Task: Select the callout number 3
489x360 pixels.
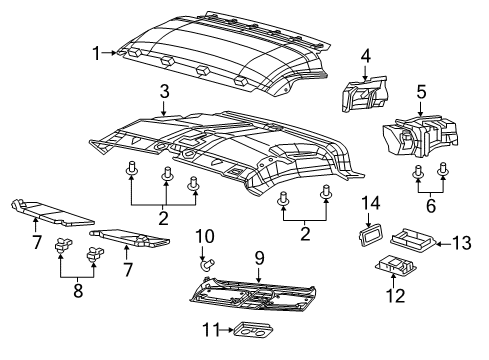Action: (x=162, y=91)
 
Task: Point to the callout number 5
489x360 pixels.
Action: (x=421, y=92)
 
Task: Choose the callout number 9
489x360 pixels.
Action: (x=258, y=257)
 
